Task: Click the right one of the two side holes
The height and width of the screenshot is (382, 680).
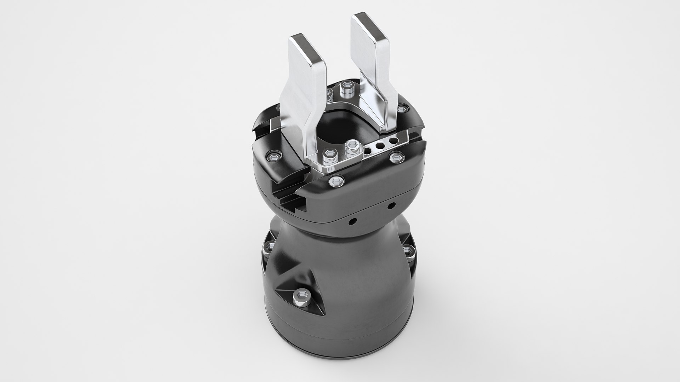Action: click(392, 205)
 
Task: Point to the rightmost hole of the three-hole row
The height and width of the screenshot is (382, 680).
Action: click(392, 141)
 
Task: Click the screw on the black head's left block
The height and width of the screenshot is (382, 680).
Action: click(273, 156)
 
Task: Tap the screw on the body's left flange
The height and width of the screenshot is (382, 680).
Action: click(270, 245)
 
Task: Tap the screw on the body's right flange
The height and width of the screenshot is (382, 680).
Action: click(407, 250)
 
